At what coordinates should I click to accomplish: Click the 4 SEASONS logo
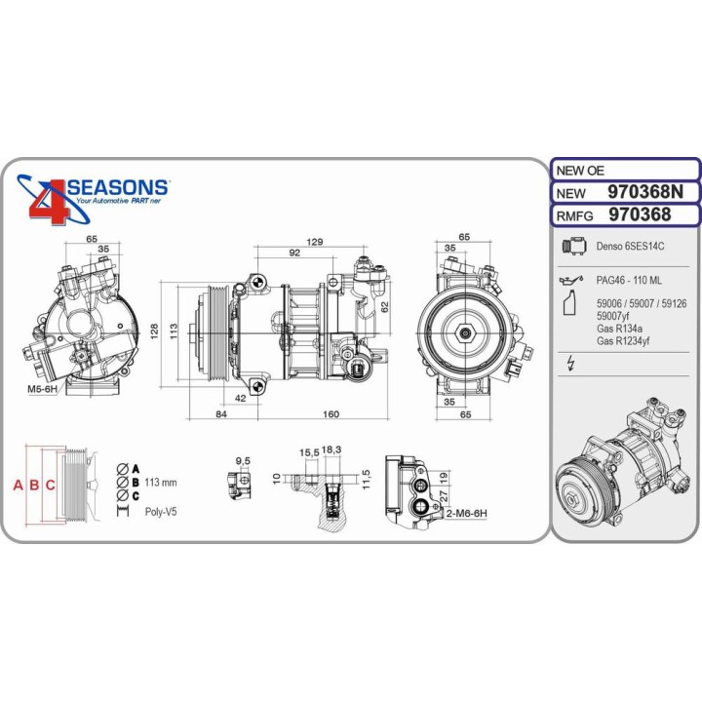point(95,196)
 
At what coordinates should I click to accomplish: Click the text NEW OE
point(582,168)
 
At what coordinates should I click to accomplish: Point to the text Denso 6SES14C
point(628,248)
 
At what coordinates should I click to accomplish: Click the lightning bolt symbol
point(571,364)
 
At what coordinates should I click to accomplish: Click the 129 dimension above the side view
point(315,241)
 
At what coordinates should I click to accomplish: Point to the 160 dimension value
point(331,414)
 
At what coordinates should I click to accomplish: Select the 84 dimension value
point(221,414)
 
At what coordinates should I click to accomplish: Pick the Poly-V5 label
point(162,511)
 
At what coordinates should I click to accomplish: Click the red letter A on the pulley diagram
point(17,485)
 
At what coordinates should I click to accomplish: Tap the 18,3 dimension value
point(331,450)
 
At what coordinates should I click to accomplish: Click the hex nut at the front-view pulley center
point(464,333)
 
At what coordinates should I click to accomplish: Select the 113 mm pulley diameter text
point(161,482)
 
